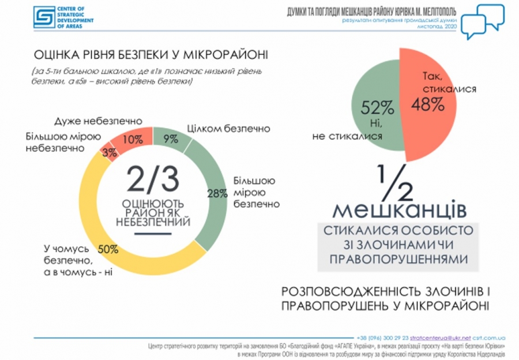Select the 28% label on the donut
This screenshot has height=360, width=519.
[x=217, y=193]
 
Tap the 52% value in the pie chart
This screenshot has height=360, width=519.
[x=377, y=107]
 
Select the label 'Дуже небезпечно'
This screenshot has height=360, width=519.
[x=98, y=122]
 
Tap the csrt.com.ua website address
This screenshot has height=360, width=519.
[x=490, y=337]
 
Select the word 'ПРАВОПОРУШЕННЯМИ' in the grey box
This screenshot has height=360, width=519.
[x=398, y=259]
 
